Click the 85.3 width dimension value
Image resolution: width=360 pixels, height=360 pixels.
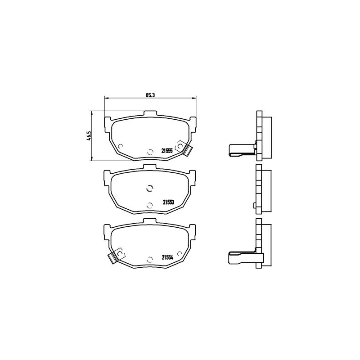tap(151, 95)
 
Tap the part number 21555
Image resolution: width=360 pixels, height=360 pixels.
tap(167, 151)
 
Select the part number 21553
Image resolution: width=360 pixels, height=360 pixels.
tap(168, 202)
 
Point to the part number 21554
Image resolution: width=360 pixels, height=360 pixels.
tap(167, 257)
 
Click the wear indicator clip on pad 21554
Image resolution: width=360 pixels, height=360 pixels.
tap(117, 256)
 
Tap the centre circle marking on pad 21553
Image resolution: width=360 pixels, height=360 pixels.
tap(149, 188)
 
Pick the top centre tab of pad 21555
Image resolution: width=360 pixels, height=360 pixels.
tap(150, 114)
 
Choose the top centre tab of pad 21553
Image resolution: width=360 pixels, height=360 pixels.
tap(149, 167)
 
